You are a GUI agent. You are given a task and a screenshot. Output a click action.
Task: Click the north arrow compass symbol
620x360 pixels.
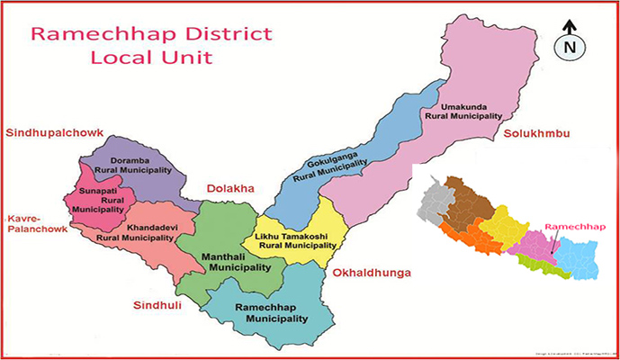click(570, 44)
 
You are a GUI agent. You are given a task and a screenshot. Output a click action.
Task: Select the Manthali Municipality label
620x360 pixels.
click(236, 262)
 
